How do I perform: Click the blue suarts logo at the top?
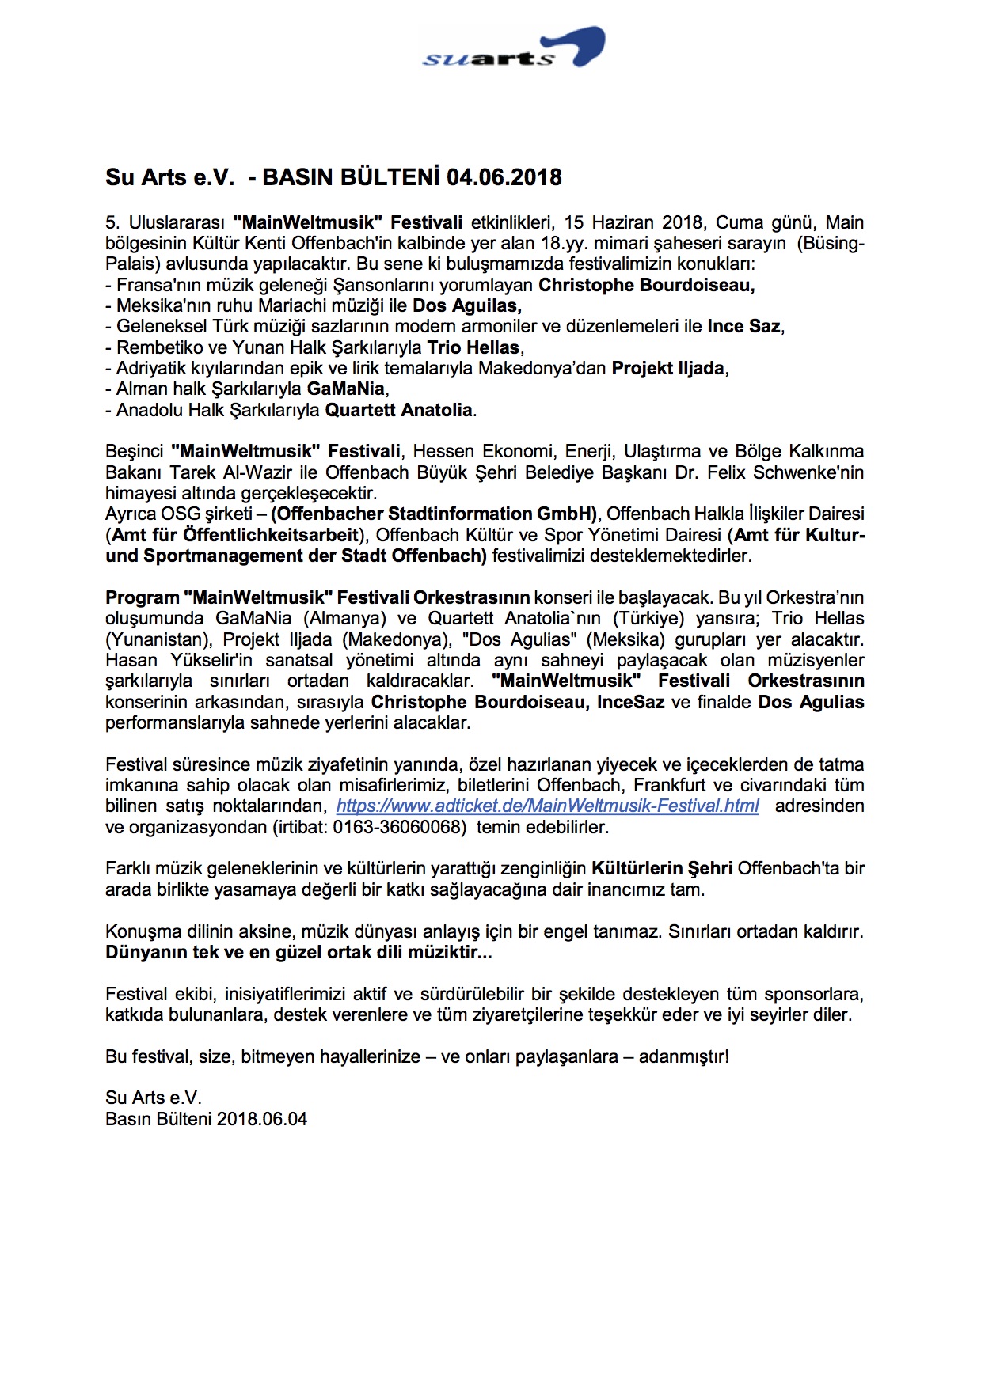tap(513, 51)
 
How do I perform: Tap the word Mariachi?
tap(313, 305)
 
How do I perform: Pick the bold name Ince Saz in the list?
tap(743, 326)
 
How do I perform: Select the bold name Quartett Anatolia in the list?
tap(399, 410)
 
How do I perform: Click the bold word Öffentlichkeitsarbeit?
tap(236, 535)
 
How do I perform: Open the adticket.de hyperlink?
tap(547, 806)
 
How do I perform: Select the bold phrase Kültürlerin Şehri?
tap(662, 869)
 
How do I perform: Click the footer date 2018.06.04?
tap(262, 1119)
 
